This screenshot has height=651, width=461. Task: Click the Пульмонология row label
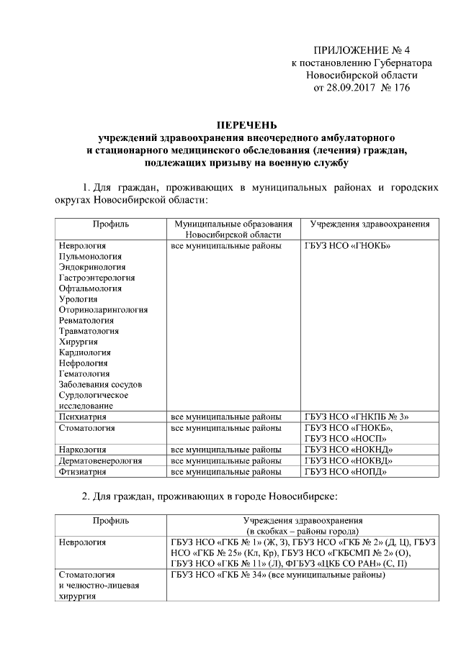pyautogui.click(x=91, y=256)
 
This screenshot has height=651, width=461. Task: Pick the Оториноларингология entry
pyautogui.click(x=104, y=309)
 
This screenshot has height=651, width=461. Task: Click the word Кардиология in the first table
pyautogui.click(x=85, y=352)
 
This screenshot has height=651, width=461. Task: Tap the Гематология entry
pyautogui.click(x=85, y=373)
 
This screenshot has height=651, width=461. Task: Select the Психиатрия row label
pyautogui.click(x=83, y=416)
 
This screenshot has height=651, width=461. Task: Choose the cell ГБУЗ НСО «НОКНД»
pyautogui.click(x=349, y=450)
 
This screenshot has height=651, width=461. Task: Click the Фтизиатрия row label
pyautogui.click(x=83, y=472)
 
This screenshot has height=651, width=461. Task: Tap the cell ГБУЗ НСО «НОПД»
pyautogui.click(x=346, y=472)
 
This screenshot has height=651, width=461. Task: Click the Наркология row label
pyautogui.click(x=84, y=450)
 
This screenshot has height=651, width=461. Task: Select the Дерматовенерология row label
pyautogui.click(x=98, y=460)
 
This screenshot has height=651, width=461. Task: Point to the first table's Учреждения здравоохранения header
pyautogui.click(x=370, y=224)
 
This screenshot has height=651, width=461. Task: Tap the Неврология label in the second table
pyautogui.click(x=83, y=542)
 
